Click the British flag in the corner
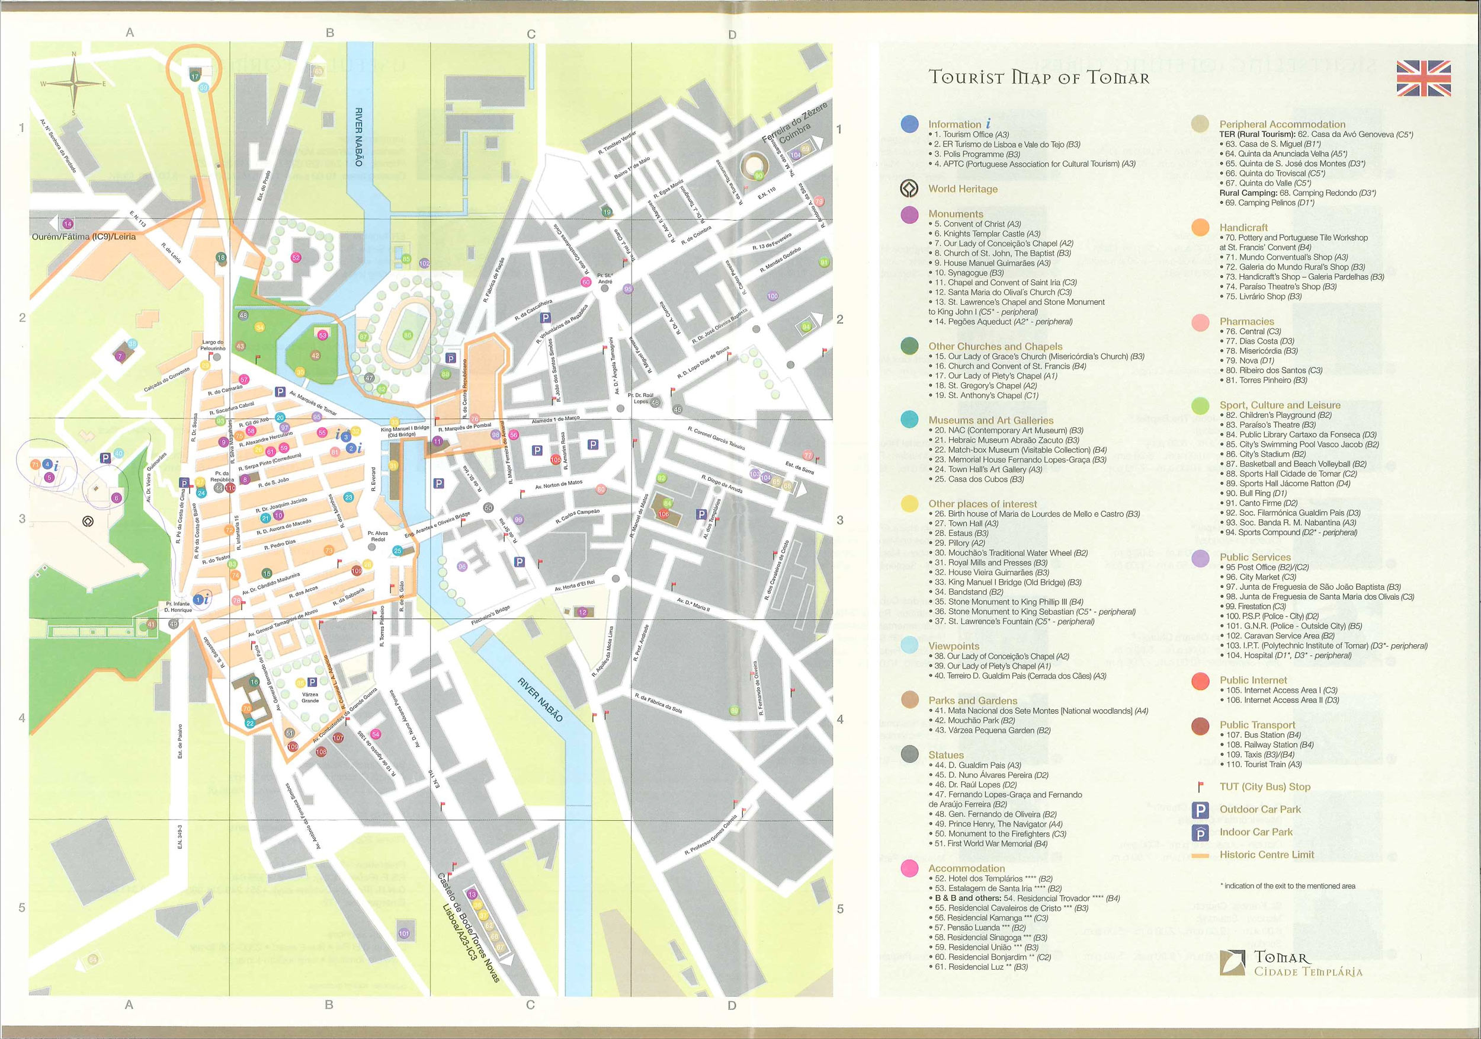point(1424,78)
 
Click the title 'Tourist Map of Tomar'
point(1038,78)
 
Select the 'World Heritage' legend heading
point(963,189)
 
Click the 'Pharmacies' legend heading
point(1246,321)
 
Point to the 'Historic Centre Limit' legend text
point(1266,855)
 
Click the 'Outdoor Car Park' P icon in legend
point(1200,810)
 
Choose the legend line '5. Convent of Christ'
point(977,224)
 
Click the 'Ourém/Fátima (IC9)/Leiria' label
point(84,237)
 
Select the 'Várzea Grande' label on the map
point(310,697)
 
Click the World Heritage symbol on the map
point(88,521)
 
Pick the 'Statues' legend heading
point(945,755)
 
